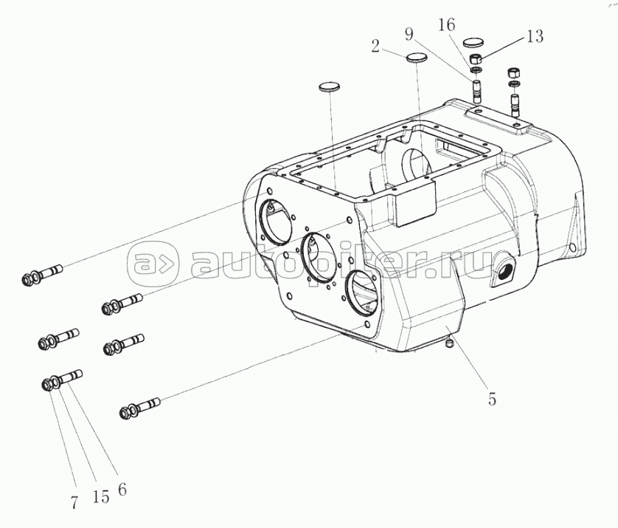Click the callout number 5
coord(492,400)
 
